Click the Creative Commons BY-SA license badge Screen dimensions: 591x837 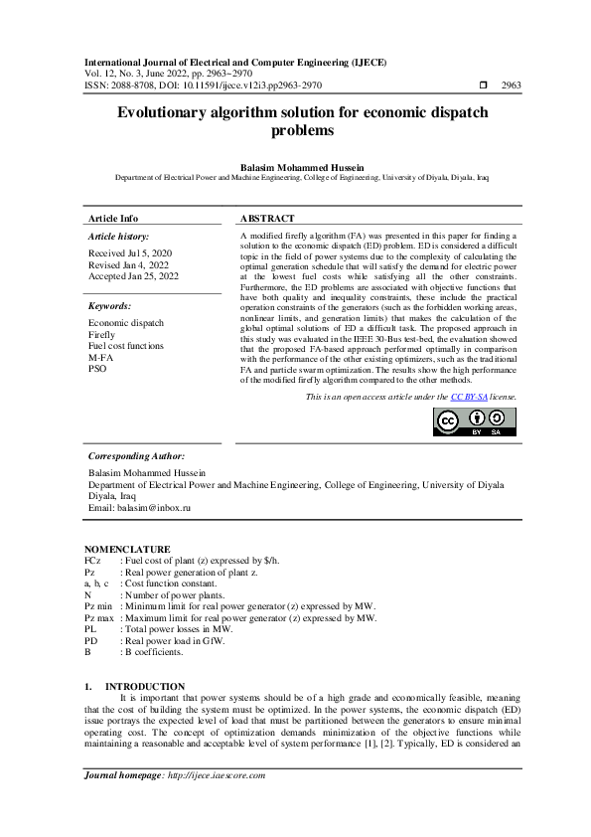click(475, 421)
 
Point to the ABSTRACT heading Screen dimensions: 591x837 click(267, 218)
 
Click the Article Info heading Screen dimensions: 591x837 click(113, 218)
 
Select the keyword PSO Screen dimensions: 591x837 click(97, 368)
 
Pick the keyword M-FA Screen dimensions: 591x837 click(100, 357)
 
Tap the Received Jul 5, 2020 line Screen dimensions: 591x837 click(129, 254)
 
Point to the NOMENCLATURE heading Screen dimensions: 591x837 click(127, 549)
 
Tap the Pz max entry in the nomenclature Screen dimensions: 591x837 click(99, 617)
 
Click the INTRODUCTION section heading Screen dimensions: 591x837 click(144, 687)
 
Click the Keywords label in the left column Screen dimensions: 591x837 click(110, 306)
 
